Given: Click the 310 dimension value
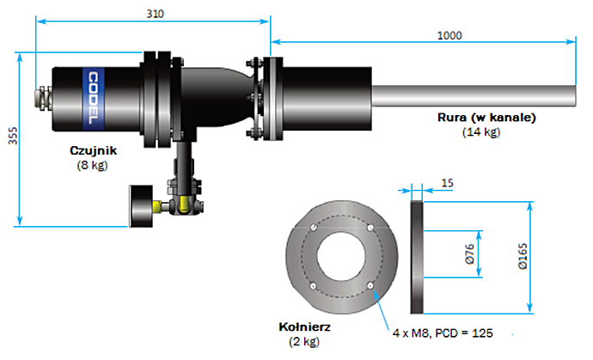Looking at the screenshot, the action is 155,14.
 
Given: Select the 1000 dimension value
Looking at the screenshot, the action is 449,35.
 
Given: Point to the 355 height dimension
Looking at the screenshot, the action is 13,136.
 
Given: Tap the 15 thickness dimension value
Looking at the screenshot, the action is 448,183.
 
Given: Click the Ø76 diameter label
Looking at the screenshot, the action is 469,253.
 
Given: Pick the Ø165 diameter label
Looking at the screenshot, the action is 523,256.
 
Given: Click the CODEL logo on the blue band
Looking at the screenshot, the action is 93,98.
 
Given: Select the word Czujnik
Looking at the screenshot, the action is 94,150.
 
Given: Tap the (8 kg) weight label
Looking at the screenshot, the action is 93,165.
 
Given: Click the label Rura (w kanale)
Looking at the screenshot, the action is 486,117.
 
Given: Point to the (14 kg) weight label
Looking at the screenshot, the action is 481,132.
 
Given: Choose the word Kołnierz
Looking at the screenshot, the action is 305,326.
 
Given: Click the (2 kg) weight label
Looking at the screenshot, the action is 304,341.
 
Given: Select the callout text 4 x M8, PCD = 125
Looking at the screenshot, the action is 443,333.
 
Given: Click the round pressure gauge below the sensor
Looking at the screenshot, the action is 141,206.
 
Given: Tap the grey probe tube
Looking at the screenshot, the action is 474,96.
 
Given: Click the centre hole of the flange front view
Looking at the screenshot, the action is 341,256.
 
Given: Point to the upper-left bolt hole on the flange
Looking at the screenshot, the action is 313,228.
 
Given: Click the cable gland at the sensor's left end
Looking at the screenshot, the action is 44,98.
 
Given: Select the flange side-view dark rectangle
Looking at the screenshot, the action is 417,257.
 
